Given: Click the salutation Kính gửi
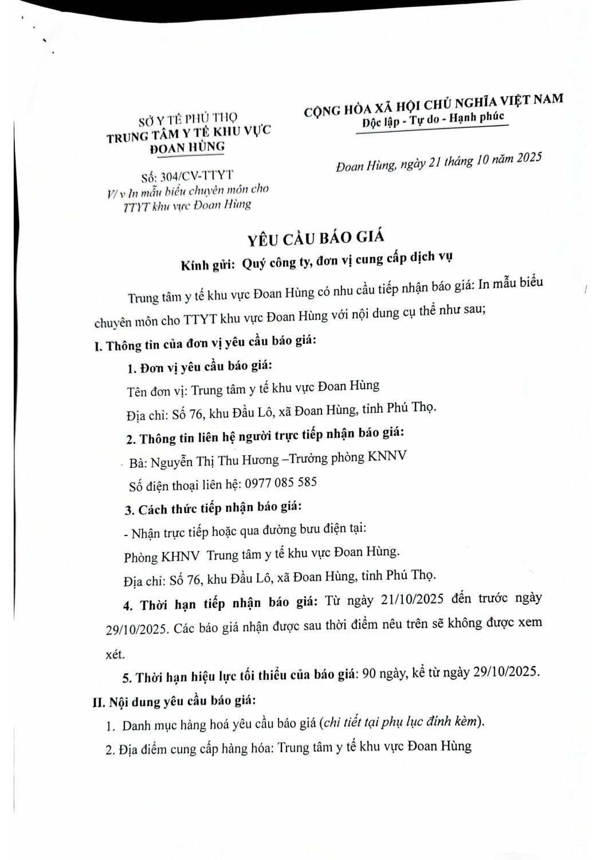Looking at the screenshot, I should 207,265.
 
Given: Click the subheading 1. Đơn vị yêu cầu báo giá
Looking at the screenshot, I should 199,367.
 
